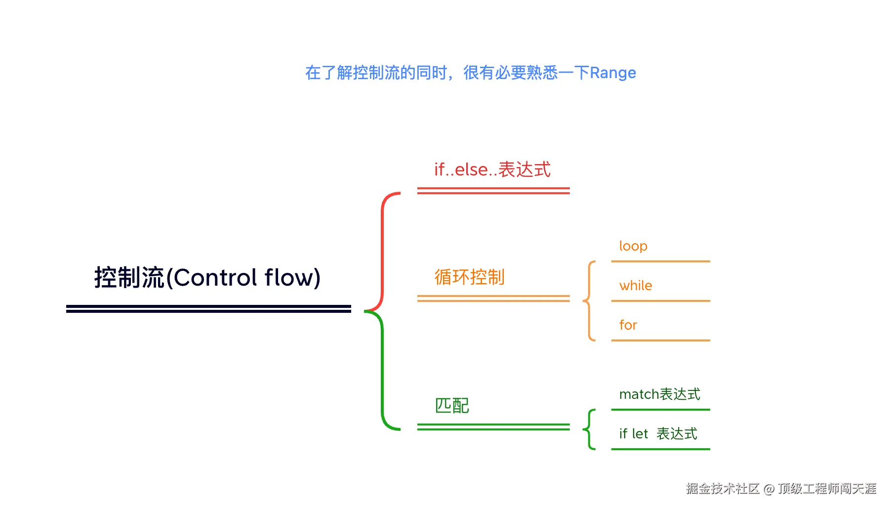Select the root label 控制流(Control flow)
pyautogui.click(x=207, y=277)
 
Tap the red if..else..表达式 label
pyautogui.click(x=492, y=170)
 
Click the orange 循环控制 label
pyautogui.click(x=469, y=277)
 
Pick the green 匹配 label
pyautogui.click(x=452, y=406)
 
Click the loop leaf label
pyautogui.click(x=633, y=246)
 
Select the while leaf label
pyautogui.click(x=636, y=286)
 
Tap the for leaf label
pyautogui.click(x=628, y=325)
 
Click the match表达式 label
pyautogui.click(x=659, y=394)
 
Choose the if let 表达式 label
pyautogui.click(x=658, y=434)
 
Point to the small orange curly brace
pyautogui.click(x=589, y=300)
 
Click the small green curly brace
pyautogui.click(x=589, y=429)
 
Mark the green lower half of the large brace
pyautogui.click(x=382, y=371)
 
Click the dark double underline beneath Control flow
pyautogui.click(x=208, y=309)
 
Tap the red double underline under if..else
pyautogui.click(x=493, y=191)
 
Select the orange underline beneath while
pyautogui.click(x=660, y=300)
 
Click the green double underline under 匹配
pyautogui.click(x=493, y=427)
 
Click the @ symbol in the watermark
pyautogui.click(x=769, y=489)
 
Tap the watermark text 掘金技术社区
pyautogui.click(x=722, y=489)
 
